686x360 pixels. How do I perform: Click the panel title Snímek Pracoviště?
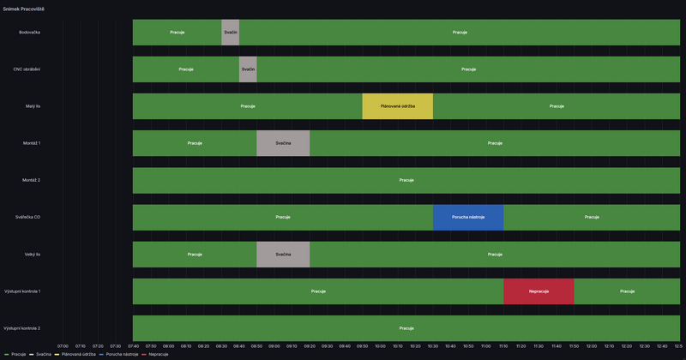point(23,9)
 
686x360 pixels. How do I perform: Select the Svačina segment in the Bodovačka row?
point(230,33)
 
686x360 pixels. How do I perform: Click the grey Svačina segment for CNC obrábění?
point(248,69)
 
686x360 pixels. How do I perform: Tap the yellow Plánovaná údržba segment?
point(397,106)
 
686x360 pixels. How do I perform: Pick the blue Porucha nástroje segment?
point(468,217)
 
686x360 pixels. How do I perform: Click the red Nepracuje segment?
point(539,291)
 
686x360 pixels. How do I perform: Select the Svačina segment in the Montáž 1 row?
point(283,143)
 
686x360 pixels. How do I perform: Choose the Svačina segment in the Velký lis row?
point(283,255)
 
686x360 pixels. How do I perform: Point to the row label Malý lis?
point(33,106)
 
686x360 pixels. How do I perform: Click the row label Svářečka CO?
point(27,217)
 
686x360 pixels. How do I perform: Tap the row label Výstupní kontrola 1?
point(22,291)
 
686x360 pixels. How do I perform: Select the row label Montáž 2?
point(31,180)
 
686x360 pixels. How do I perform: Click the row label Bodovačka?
point(29,33)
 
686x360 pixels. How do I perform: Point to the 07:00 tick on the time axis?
point(63,346)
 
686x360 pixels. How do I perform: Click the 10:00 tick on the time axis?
point(380,346)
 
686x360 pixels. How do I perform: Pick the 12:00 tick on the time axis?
point(592,346)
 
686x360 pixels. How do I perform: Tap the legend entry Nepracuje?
point(158,354)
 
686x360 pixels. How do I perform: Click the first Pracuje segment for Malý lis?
point(247,106)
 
